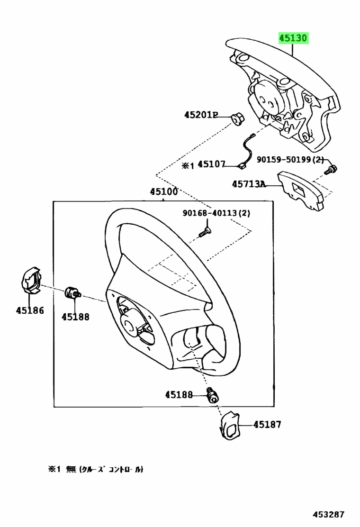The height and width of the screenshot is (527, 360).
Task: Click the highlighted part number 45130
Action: pos(293,38)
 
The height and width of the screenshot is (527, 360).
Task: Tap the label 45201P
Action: pos(201,115)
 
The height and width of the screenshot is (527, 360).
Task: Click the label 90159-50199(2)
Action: pos(290,160)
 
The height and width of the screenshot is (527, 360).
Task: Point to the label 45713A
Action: pos(248,183)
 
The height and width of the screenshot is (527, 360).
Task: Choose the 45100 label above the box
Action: pos(164,192)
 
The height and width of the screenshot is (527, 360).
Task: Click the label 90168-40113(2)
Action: pos(216,213)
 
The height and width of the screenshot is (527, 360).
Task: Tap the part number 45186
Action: pos(29,310)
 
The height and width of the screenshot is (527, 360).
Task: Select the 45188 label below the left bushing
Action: pos(75,317)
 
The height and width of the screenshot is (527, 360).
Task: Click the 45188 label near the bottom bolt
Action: pos(179,394)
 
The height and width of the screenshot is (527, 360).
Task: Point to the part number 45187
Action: pos(267,424)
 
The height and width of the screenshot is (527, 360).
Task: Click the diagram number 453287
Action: pos(328,514)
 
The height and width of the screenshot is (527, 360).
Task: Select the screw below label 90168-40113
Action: pos(205,232)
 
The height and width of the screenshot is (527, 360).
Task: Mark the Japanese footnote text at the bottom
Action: pos(95,469)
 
